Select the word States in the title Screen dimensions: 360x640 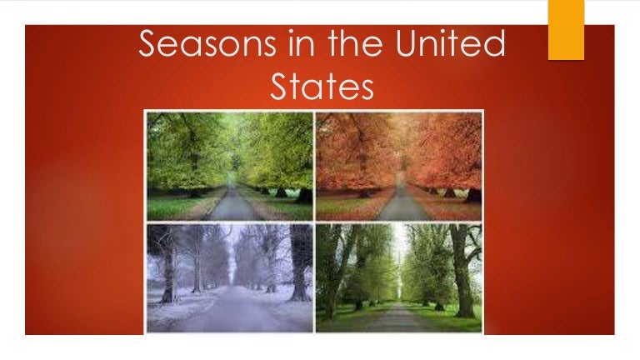point(322,87)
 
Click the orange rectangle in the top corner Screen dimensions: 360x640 point(566,29)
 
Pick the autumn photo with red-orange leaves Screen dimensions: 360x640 point(399,166)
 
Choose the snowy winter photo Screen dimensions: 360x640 point(229,277)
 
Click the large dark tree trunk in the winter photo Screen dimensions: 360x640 point(299,267)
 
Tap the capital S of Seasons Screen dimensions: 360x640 point(148,44)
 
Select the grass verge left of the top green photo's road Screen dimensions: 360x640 point(179,207)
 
